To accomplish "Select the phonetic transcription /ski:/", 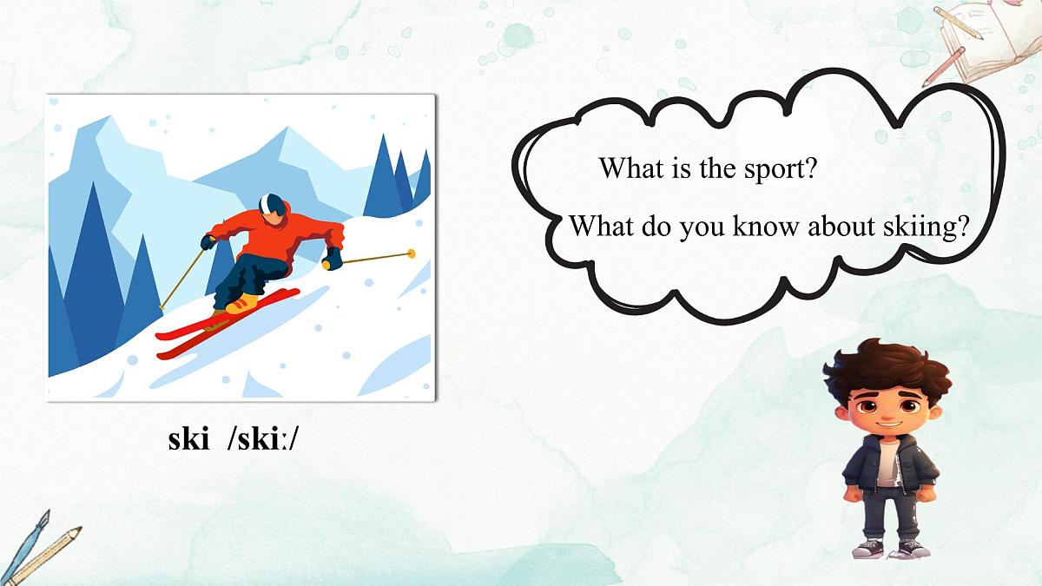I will click(x=262, y=439).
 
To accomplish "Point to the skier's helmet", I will click(x=272, y=205).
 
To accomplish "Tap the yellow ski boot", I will click(x=243, y=303).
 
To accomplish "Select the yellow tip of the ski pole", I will click(x=411, y=253).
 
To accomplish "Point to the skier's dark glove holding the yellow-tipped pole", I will click(x=332, y=259).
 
